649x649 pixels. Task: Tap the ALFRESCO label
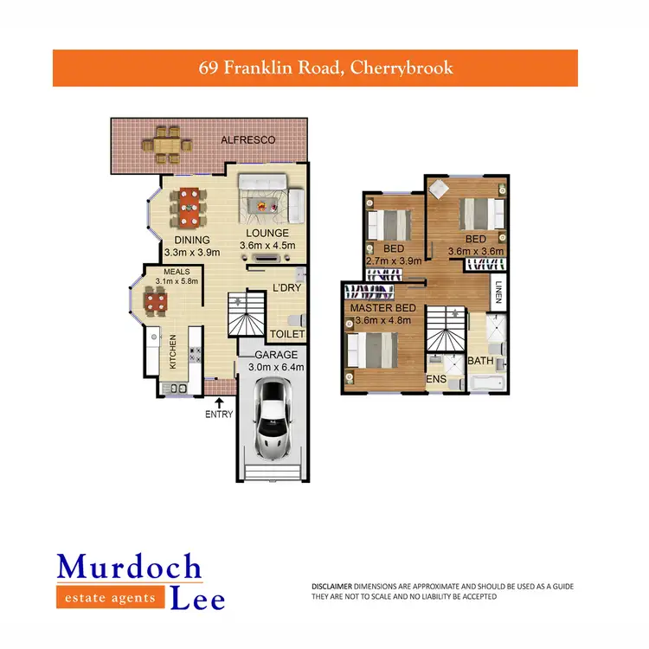pos(247,139)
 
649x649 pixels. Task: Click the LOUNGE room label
pos(267,234)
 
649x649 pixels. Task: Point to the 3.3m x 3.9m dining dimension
pos(191,253)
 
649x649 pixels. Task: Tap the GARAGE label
pos(275,355)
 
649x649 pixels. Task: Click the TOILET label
pos(287,334)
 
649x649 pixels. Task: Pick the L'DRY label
pos(286,287)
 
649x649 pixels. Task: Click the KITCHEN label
pos(173,352)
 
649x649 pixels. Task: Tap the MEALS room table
pos(157,302)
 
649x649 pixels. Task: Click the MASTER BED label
pos(383,308)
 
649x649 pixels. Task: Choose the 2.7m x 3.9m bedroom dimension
pos(393,260)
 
